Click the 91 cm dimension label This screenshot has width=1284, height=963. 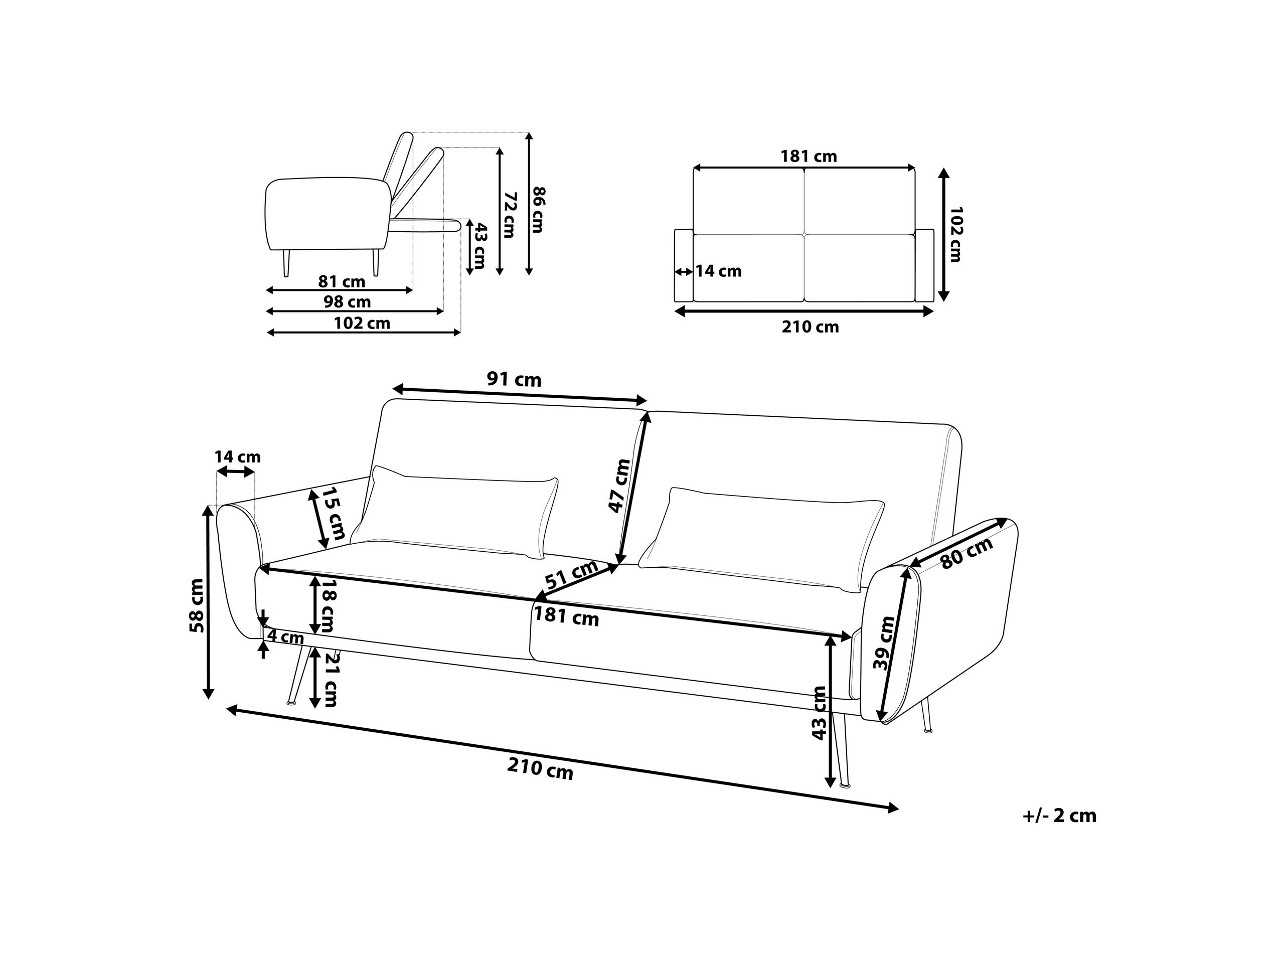coord(514,380)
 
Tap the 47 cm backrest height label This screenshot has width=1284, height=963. coord(619,486)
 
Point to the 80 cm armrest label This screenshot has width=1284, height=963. coord(967,553)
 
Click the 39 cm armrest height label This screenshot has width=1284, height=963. coord(885,643)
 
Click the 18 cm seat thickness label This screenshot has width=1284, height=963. coord(329,605)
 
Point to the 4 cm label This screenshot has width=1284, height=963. coord(285,637)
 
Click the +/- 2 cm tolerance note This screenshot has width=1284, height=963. coord(1059,816)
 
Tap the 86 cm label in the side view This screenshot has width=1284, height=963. coord(539,210)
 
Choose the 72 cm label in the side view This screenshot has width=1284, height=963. coord(509,215)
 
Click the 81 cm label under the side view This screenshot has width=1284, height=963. coord(342,282)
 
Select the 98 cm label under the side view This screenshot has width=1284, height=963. coord(347,302)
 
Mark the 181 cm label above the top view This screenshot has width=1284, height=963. coord(809,156)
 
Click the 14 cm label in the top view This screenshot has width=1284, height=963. coord(719,271)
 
